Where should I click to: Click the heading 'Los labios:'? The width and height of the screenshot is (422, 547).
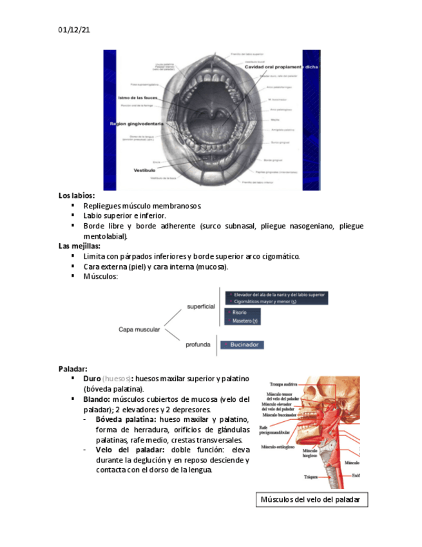click(x=77, y=195)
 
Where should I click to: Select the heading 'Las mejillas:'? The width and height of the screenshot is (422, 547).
click(x=79, y=246)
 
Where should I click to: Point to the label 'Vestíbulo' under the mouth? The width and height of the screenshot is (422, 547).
click(x=145, y=170)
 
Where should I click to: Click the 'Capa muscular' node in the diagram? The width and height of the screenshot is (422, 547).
click(x=139, y=330)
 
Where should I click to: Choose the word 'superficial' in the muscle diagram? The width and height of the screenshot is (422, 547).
click(x=200, y=306)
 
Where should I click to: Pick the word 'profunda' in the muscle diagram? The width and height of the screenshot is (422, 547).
click(x=198, y=344)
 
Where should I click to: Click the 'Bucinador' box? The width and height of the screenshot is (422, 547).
click(x=242, y=345)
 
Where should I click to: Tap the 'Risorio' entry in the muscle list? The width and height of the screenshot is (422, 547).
click(x=240, y=312)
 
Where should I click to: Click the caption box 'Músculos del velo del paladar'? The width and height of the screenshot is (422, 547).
click(x=311, y=500)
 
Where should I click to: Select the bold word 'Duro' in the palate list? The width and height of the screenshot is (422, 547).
click(x=92, y=378)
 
